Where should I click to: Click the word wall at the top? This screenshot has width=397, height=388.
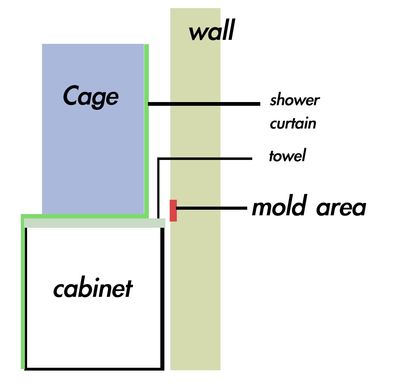[x=212, y=30]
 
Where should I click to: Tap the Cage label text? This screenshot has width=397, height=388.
[x=91, y=97]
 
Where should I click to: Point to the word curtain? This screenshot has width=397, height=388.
[x=293, y=123]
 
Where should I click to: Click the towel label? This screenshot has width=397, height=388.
[x=287, y=155]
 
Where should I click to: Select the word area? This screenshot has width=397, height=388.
[x=341, y=208]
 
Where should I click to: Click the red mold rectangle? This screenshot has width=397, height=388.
[x=173, y=211]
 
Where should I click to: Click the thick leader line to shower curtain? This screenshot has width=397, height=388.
[x=204, y=104]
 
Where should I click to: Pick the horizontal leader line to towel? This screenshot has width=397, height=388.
[x=205, y=159]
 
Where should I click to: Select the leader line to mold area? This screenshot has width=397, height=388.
[x=211, y=208]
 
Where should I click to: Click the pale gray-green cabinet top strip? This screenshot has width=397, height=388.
[x=94, y=223]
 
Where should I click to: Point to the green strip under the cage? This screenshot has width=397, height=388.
[x=85, y=216]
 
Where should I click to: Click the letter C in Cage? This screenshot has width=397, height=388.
[x=71, y=95]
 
